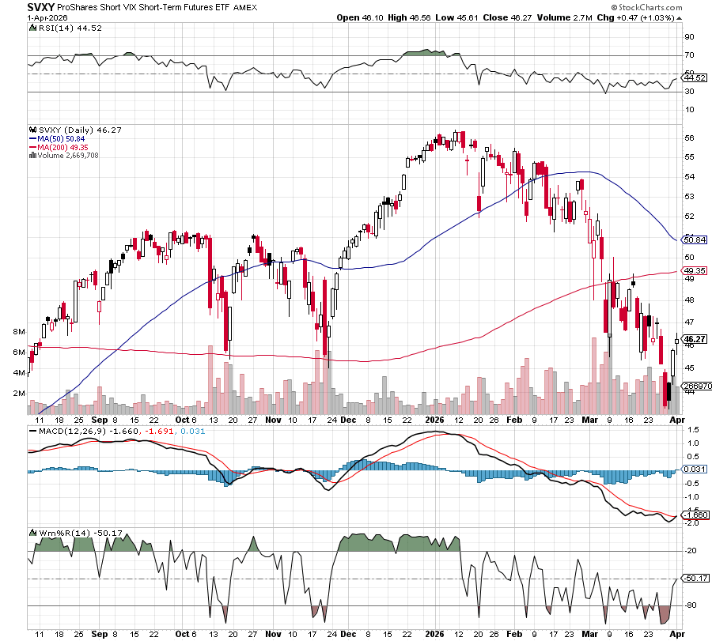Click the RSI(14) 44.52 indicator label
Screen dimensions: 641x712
coord(59,28)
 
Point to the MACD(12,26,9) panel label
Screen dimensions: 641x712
coord(68,432)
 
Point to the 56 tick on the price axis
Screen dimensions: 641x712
coord(689,138)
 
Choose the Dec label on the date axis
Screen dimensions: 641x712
coord(348,421)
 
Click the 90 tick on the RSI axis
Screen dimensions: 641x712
coord(689,36)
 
